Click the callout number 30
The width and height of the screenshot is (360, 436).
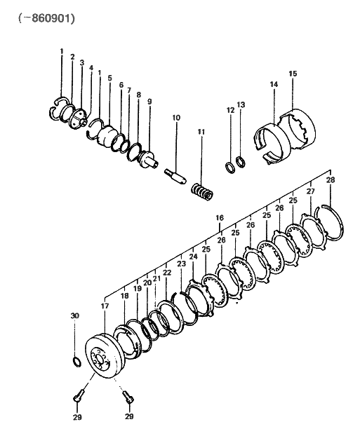75,316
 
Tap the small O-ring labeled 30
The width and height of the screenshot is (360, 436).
76,362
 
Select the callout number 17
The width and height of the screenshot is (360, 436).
105,306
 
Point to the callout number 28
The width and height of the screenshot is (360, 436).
331,180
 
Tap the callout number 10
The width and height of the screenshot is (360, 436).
176,118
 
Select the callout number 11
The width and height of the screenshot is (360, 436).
201,131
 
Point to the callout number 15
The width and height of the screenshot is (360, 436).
293,74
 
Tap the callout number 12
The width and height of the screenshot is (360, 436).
230,110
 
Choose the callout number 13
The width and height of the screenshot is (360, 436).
241,105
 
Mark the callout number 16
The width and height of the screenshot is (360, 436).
220,219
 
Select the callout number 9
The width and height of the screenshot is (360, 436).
149,102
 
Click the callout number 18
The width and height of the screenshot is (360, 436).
125,297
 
